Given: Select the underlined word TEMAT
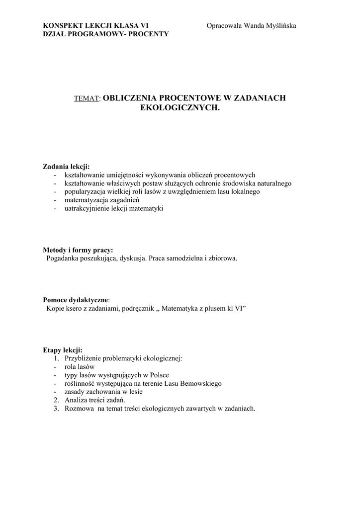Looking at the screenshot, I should click(x=87, y=99).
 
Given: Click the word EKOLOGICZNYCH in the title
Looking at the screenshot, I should click(x=180, y=107).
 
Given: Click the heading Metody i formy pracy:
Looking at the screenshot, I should click(x=78, y=250).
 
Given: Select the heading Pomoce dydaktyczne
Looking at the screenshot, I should click(x=75, y=300).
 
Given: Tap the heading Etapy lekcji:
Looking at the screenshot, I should click(x=63, y=350).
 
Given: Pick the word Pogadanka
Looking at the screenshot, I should click(x=63, y=258).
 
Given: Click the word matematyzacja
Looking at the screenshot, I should click(x=85, y=200).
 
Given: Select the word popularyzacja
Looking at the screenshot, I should click(x=85, y=191).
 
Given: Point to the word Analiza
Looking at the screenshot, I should click(x=76, y=400).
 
